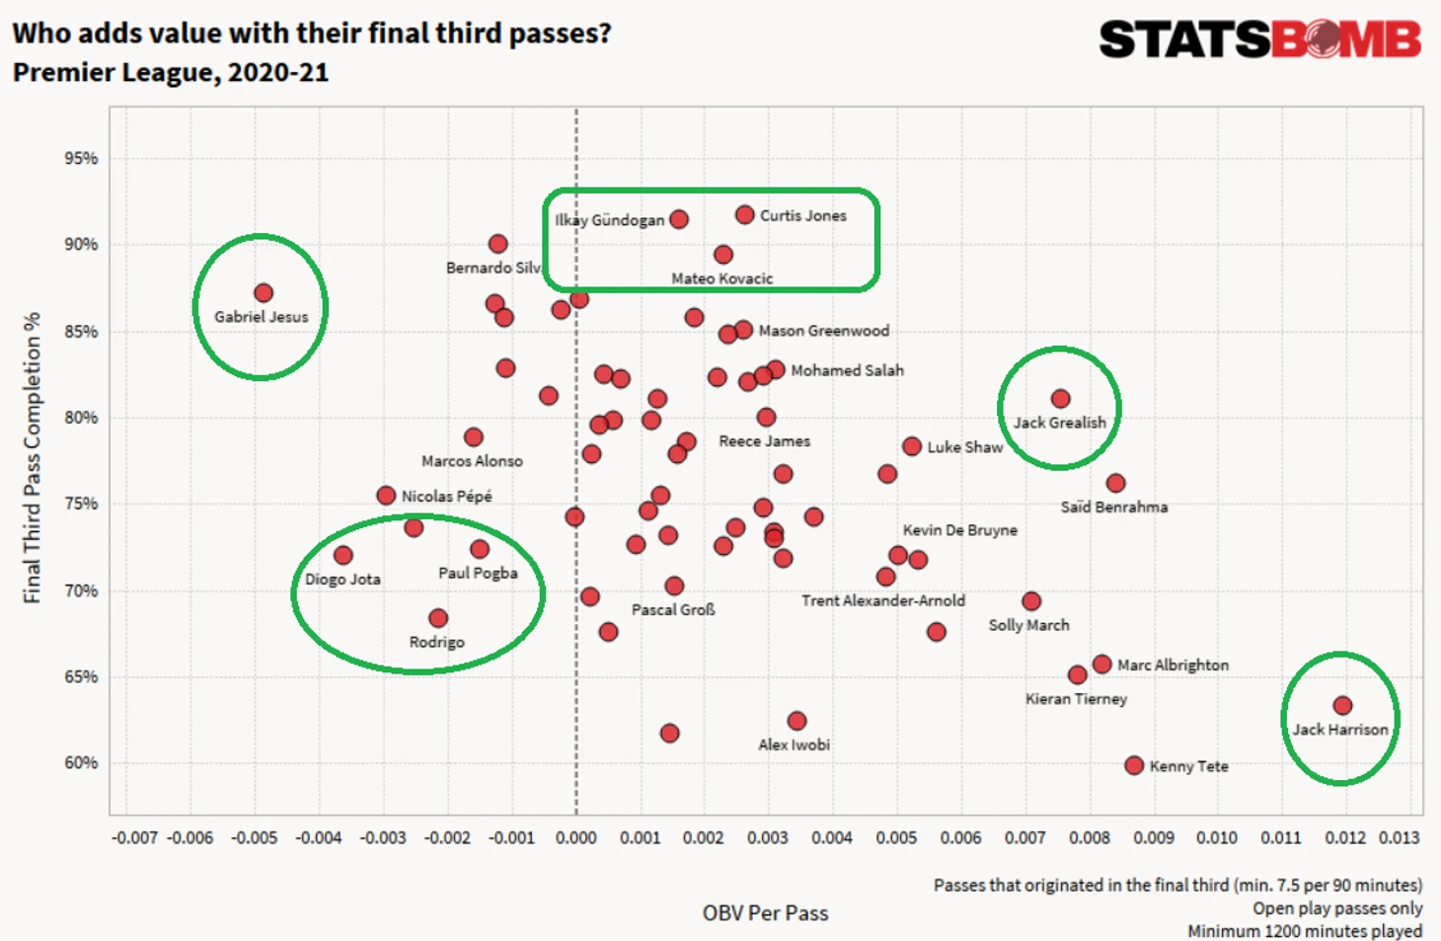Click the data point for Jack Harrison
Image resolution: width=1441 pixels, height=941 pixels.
pos(1342,705)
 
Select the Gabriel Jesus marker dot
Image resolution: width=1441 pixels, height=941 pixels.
pos(264,293)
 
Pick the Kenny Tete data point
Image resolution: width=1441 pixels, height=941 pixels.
pos(1134,765)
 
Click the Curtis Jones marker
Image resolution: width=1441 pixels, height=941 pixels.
pos(745,215)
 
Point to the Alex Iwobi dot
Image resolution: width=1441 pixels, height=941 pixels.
pos(796,721)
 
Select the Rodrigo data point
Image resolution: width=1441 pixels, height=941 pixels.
pos(438,618)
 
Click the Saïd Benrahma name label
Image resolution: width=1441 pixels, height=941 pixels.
pos(1113,507)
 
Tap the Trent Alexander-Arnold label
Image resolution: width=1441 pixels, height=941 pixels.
pos(883,600)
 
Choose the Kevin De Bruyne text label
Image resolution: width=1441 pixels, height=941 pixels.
pos(959,530)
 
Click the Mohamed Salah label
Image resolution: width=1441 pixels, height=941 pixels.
pos(847,370)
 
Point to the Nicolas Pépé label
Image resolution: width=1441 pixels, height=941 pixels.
pos(446,496)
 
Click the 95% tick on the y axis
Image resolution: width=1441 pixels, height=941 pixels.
pos(81,158)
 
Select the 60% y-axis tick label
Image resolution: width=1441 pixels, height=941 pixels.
pos(81,763)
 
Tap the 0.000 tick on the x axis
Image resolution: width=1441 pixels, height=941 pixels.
pos(576,837)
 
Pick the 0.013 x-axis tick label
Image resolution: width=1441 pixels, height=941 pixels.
pos(1400,837)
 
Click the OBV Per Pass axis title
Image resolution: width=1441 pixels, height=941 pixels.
pos(765,913)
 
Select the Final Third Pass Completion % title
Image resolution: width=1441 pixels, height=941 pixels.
pos(33,458)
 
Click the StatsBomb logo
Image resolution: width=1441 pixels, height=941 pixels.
pos(1259,39)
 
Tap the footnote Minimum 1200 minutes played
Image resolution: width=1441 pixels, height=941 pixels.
pos(1305,930)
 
